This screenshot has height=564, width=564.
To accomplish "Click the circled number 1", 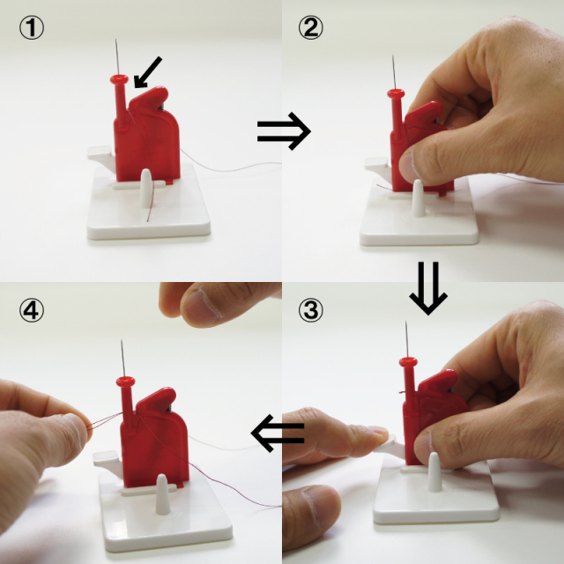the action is (x=32, y=28).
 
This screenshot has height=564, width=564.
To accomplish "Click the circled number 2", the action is (x=311, y=28).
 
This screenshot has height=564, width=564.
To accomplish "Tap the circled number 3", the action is (x=311, y=310).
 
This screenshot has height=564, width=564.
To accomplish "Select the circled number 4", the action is (x=32, y=310).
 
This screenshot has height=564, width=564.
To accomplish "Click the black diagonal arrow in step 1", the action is (x=147, y=72).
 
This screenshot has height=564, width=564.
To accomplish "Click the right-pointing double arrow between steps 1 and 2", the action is (x=284, y=131).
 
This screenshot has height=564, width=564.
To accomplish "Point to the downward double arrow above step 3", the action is (x=428, y=288).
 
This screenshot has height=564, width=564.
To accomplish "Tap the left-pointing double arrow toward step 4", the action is (x=278, y=433).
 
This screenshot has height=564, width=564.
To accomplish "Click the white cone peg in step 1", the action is (x=146, y=188).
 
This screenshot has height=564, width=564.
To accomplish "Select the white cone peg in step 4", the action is (x=162, y=493).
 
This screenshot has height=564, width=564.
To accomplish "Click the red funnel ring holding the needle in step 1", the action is (x=120, y=78).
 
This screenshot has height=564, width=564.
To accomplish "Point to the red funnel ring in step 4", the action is (x=125, y=381).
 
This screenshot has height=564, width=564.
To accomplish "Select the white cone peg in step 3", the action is (x=434, y=472).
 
